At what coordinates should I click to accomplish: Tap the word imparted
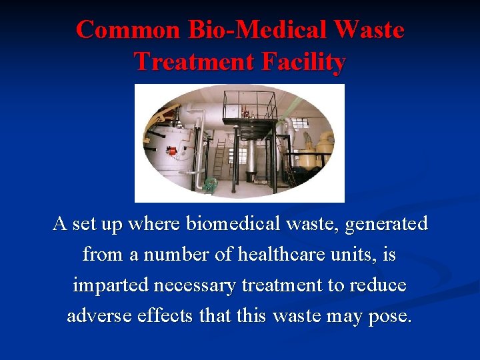point(111,285)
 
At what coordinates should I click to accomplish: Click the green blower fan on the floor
point(213,183)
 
